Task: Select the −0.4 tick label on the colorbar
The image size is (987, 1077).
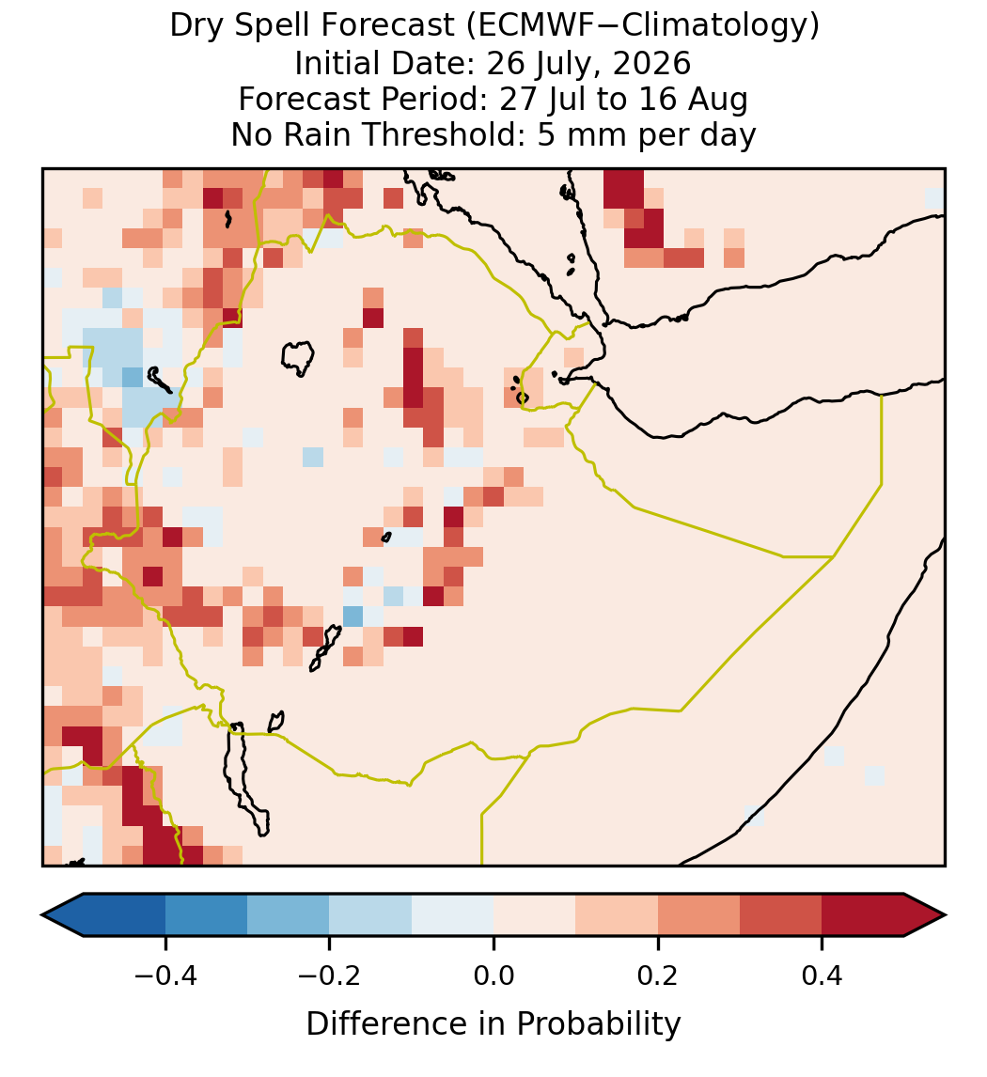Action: tap(165, 976)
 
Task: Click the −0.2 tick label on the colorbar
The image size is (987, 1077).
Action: tap(330, 976)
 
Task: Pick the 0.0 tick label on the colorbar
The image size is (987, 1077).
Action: tap(493, 976)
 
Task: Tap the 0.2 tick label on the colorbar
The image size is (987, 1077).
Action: tap(658, 976)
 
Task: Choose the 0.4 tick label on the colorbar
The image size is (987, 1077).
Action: tap(822, 976)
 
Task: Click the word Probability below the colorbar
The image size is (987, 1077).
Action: tap(599, 1024)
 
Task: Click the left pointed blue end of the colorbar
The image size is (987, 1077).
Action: tap(62, 915)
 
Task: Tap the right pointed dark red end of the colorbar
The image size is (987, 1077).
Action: tap(925, 915)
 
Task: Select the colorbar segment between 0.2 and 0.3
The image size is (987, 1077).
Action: tap(698, 915)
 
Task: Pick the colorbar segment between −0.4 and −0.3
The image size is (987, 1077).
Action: tap(206, 915)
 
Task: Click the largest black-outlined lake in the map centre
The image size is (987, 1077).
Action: tap(298, 358)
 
